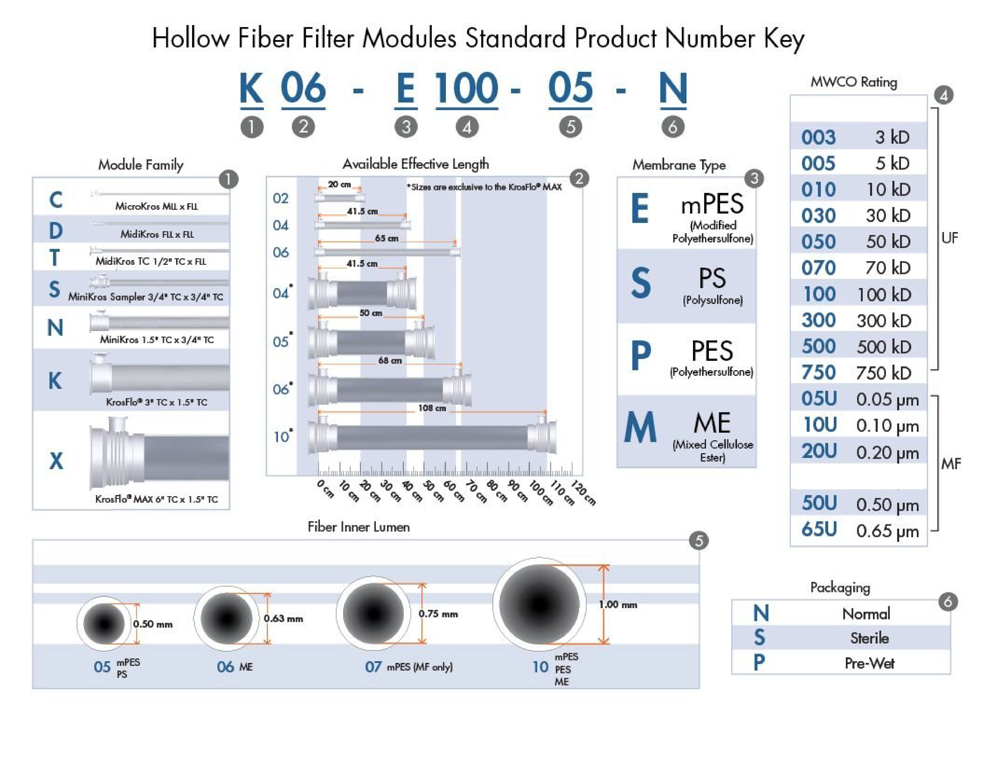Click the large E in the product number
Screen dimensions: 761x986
(x=405, y=89)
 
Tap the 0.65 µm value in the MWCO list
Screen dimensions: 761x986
(x=887, y=531)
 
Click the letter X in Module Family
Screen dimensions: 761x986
(x=56, y=461)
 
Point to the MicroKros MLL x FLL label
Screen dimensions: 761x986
(x=156, y=206)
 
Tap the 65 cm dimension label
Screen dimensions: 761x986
(x=387, y=238)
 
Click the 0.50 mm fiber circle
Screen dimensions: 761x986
(x=104, y=624)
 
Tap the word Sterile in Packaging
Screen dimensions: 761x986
(x=869, y=638)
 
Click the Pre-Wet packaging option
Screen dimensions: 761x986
(x=869, y=663)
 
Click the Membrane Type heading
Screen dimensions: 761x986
(x=678, y=165)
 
